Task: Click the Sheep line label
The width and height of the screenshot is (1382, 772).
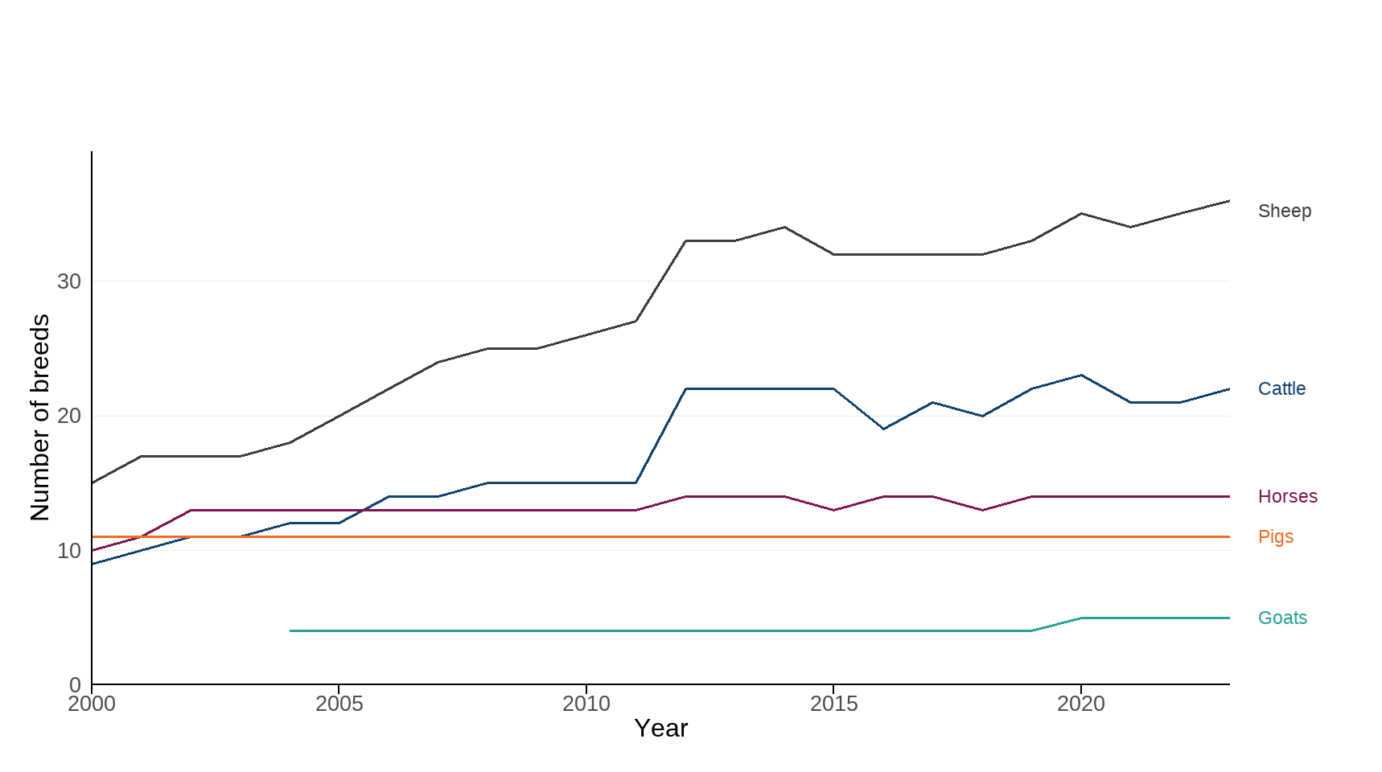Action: click(x=1284, y=211)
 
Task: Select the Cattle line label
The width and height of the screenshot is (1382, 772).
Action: click(x=1281, y=389)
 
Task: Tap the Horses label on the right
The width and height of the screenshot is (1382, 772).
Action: click(x=1287, y=497)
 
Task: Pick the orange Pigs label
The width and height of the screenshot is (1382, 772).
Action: click(x=1275, y=537)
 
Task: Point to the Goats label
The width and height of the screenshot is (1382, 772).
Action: click(x=1282, y=618)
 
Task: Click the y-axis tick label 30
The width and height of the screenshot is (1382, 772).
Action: click(x=69, y=281)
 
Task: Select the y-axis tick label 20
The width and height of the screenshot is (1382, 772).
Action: click(x=69, y=416)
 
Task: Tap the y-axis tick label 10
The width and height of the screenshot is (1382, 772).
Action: click(x=69, y=551)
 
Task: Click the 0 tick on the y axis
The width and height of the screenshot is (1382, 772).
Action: click(x=75, y=685)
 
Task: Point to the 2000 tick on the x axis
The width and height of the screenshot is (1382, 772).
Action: click(x=92, y=704)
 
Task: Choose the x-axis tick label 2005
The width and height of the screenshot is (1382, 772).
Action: click(x=339, y=704)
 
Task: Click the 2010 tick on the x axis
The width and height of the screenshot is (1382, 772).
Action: click(x=586, y=704)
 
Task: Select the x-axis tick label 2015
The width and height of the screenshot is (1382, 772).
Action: click(x=833, y=704)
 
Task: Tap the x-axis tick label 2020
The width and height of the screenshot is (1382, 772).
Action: click(x=1081, y=704)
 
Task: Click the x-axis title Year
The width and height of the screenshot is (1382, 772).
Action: click(x=660, y=729)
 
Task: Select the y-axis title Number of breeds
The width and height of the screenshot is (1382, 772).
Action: click(x=40, y=417)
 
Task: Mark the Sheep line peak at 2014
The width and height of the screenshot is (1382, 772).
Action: click(x=784, y=228)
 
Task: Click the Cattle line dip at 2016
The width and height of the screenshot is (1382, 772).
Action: click(x=883, y=429)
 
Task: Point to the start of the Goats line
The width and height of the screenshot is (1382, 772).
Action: click(x=290, y=631)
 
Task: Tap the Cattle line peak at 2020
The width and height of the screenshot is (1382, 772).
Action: click(x=1081, y=376)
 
